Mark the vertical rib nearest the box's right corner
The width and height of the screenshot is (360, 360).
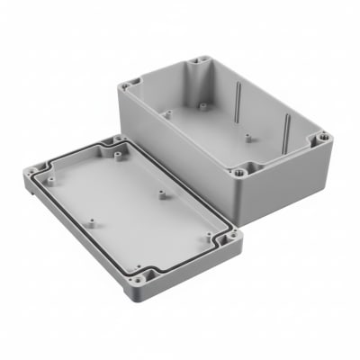(287, 131)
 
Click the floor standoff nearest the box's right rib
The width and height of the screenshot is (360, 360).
(248, 139)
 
